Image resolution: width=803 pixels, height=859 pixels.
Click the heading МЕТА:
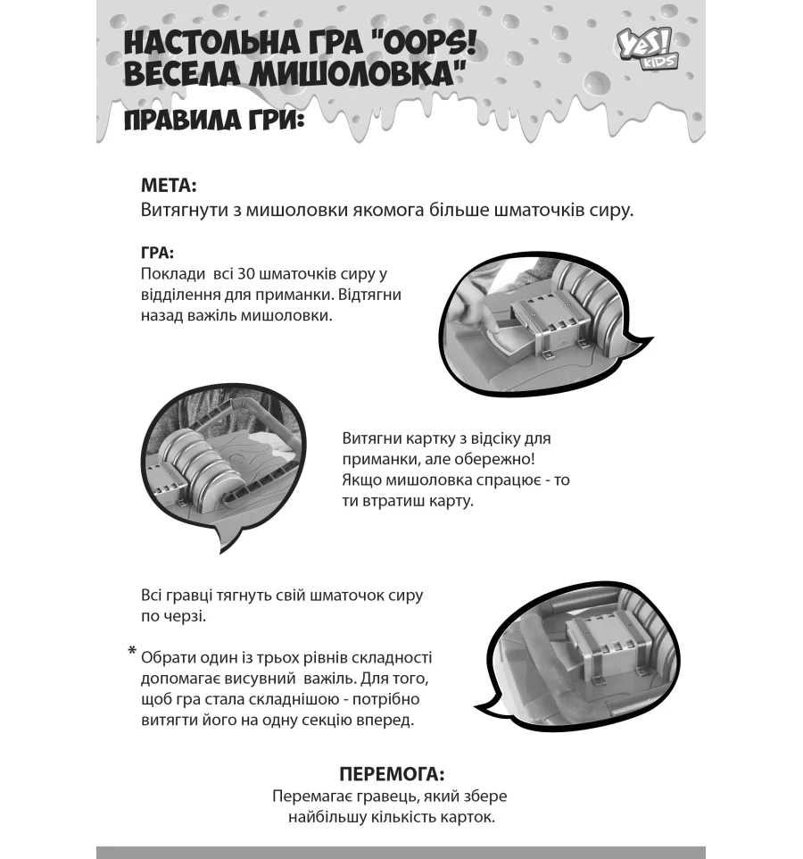pos(169,186)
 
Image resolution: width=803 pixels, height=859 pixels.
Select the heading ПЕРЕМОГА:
pos(393,773)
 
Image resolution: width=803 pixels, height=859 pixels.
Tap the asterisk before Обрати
pos(132,654)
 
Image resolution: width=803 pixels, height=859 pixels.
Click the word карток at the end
pos(468,817)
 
